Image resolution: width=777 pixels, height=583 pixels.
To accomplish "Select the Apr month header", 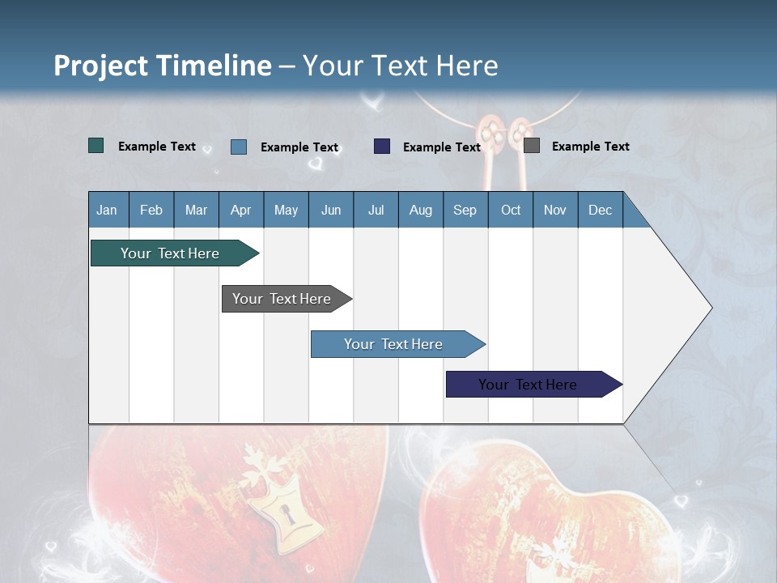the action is [x=241, y=210].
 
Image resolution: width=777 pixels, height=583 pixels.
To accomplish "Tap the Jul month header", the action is [x=376, y=210].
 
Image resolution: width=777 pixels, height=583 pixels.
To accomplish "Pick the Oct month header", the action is [x=511, y=210].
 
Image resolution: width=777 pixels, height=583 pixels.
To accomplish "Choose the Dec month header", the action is [x=601, y=210].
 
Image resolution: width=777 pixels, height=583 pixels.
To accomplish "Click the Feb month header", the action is [x=151, y=210].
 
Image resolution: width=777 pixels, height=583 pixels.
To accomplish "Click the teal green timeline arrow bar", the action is [x=175, y=253].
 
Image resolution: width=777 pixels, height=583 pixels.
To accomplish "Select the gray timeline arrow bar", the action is [x=287, y=299].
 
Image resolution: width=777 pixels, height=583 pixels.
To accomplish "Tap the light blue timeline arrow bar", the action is [x=398, y=344].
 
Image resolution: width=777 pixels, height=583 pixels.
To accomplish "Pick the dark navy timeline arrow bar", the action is [x=534, y=384].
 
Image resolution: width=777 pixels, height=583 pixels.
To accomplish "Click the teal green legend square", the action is [x=96, y=146].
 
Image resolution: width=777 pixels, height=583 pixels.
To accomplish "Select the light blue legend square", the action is [x=239, y=147].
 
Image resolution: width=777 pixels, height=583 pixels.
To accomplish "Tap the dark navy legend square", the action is [x=382, y=147].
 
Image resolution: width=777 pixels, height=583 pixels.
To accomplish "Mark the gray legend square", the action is [x=532, y=145].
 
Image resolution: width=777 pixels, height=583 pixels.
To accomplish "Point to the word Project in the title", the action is [x=100, y=66].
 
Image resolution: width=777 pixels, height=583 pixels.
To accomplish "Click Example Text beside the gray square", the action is [x=591, y=147].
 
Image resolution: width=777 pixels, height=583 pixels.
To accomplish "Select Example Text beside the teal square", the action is [x=156, y=147].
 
